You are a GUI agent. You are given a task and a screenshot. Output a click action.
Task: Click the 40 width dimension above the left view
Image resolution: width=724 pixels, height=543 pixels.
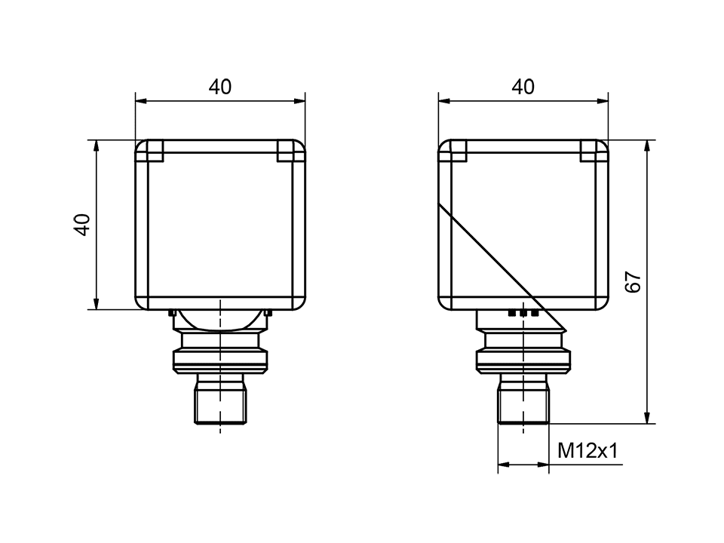tap(220, 87)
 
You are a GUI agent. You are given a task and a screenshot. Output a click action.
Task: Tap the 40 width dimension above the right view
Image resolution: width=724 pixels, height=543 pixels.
tap(523, 87)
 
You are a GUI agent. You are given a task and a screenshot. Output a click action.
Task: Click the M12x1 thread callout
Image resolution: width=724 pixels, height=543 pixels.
tap(587, 451)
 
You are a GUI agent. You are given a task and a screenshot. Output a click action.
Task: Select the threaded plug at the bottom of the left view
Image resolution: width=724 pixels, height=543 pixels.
tap(219, 399)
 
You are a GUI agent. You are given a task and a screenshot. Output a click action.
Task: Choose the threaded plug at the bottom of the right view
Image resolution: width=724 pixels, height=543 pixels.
tap(523, 399)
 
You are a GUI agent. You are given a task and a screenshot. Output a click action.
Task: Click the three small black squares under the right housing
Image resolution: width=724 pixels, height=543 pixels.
tap(523, 311)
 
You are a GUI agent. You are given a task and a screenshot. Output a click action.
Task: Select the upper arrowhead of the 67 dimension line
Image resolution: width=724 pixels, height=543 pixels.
tap(646, 145)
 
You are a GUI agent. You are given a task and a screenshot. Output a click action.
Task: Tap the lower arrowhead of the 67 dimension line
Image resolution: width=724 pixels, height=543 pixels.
tap(646, 419)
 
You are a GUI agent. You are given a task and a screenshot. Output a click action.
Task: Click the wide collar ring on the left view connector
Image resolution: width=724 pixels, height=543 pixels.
tap(220, 360)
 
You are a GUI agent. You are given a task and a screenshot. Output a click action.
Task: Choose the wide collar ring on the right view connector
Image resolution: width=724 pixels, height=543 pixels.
tap(523, 360)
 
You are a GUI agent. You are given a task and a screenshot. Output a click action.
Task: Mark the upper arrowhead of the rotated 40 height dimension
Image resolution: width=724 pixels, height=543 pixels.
tap(97, 145)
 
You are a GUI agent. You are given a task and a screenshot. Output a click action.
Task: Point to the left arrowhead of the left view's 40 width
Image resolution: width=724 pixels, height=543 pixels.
tap(140, 100)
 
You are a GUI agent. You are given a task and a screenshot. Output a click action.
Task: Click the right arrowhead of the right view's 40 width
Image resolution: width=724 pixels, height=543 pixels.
tap(603, 100)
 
